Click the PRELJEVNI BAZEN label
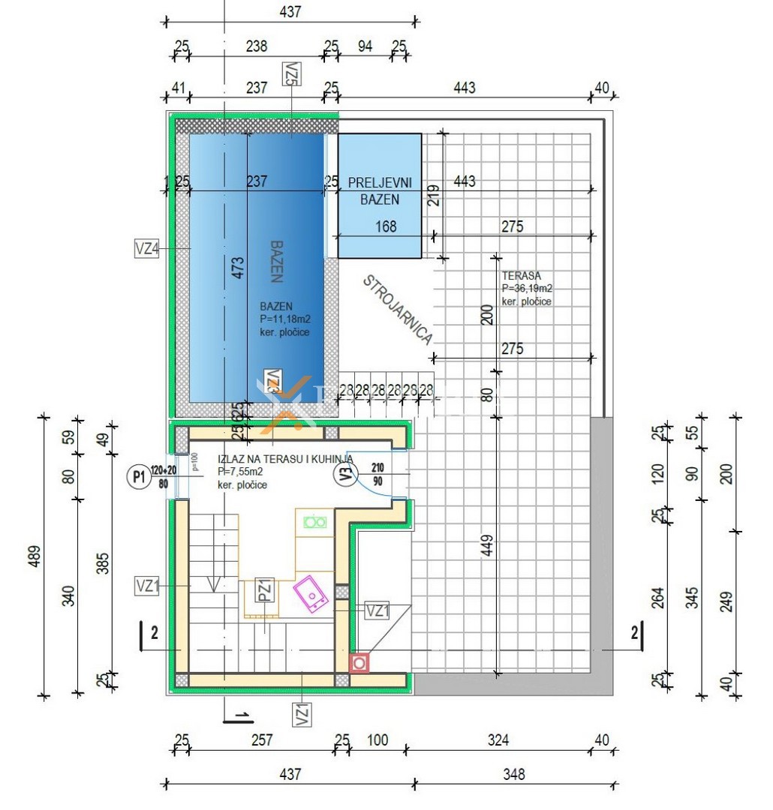click(x=379, y=190)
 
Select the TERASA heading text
click(x=521, y=276)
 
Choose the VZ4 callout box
click(x=146, y=248)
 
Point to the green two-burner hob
click(x=314, y=521)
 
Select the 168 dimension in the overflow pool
click(x=385, y=226)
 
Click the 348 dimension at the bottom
click(x=514, y=774)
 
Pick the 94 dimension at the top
click(x=365, y=46)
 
